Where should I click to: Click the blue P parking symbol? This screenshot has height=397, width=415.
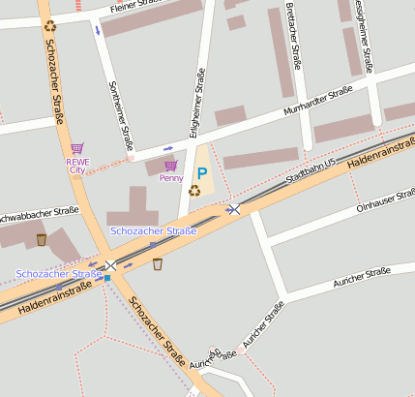pyautogui.click(x=202, y=172)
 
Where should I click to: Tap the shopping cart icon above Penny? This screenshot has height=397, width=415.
pyautogui.click(x=170, y=167)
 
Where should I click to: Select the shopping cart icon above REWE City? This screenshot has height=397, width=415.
pyautogui.click(x=77, y=149)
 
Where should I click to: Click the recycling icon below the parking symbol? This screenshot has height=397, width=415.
pyautogui.click(x=194, y=191)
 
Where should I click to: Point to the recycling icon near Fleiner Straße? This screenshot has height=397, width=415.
pyautogui.click(x=49, y=26)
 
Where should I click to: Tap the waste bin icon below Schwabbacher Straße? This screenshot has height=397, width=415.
pyautogui.click(x=41, y=239)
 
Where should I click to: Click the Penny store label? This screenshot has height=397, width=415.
pyautogui.click(x=171, y=179)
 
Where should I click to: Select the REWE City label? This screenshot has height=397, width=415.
pyautogui.click(x=76, y=166)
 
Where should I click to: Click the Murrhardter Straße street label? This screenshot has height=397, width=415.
pyautogui.click(x=317, y=102)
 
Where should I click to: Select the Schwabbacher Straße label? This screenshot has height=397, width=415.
pyautogui.click(x=39, y=213)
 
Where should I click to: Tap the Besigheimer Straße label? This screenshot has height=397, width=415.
pyautogui.click(x=362, y=34)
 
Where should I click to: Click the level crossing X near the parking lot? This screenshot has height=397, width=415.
pyautogui.click(x=233, y=209)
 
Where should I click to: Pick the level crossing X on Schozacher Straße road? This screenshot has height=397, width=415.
pyautogui.click(x=110, y=264)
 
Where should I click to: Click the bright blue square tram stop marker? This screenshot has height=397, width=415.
pyautogui.click(x=107, y=278)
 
